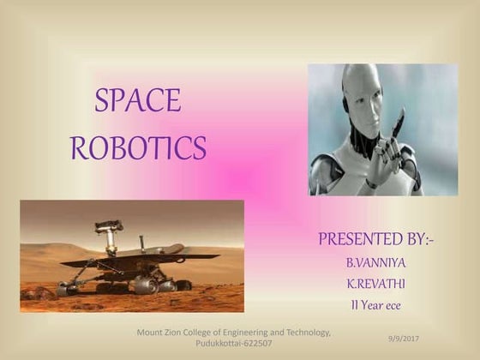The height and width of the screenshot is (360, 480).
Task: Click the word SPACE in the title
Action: tap(138, 101)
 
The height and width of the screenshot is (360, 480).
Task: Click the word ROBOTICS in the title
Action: tap(138, 147)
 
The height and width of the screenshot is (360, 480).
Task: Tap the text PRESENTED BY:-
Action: tap(375, 238)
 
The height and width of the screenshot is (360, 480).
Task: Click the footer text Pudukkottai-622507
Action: tap(234, 343)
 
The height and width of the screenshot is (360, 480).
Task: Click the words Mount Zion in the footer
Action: tap(160, 332)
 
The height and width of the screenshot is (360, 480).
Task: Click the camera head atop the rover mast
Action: tap(109, 226)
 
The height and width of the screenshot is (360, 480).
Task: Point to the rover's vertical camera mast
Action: tap(110, 243)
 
